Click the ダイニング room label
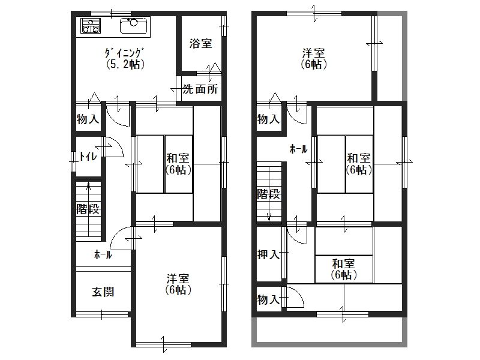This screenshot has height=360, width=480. (125, 52)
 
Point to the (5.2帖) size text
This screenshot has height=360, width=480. (125, 64)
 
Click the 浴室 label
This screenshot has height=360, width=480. (200, 44)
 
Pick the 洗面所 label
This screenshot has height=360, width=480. (200, 90)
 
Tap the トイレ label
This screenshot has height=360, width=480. (88, 157)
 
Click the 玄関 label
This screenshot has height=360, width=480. (103, 292)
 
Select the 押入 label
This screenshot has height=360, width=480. (268, 254)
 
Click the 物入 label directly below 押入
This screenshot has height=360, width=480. (268, 299)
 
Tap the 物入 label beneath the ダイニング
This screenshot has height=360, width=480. (88, 119)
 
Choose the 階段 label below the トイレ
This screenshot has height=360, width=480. (88, 209)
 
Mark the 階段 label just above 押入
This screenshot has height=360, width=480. (268, 194)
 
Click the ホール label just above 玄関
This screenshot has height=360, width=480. (103, 255)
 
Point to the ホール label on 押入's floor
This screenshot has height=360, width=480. (299, 149)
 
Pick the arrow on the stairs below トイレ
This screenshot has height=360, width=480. (89, 195)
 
